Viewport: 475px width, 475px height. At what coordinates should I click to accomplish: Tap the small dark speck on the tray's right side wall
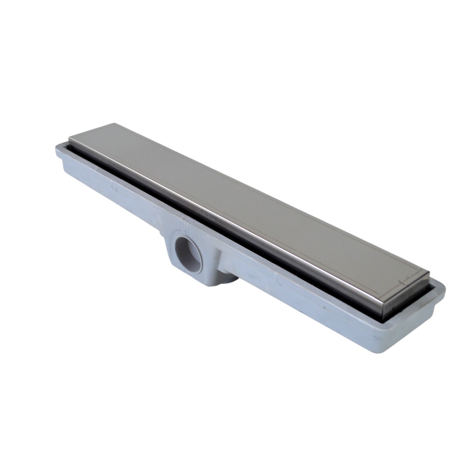click(x=323, y=307)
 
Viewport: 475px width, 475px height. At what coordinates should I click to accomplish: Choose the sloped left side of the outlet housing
click(x=168, y=253)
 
